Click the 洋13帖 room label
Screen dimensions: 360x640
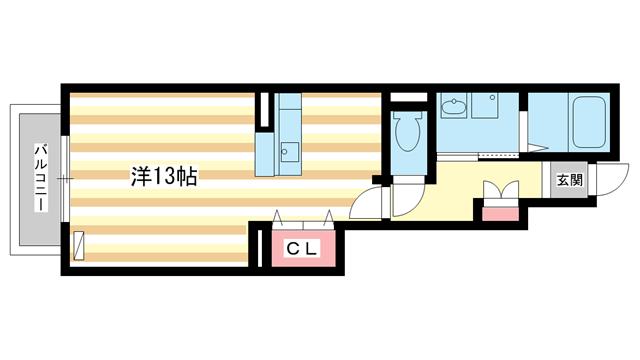(163, 178)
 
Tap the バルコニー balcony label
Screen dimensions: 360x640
(41, 177)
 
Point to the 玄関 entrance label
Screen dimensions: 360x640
(569, 181)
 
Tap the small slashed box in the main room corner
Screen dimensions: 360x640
(79, 244)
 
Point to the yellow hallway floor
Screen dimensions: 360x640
(450, 190)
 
